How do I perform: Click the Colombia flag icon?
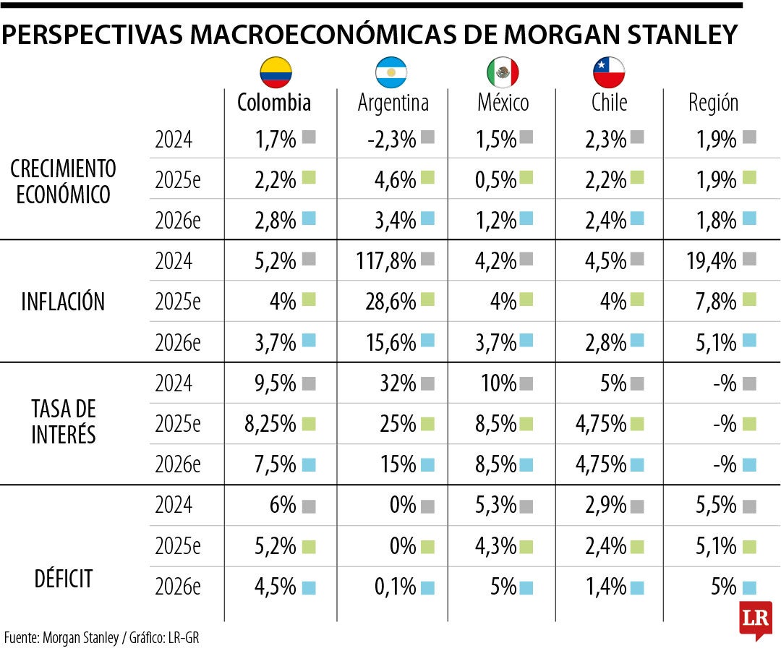(x=276, y=72)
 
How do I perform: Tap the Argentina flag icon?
(x=391, y=72)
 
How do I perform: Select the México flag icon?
(x=503, y=72)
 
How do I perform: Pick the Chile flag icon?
(x=609, y=72)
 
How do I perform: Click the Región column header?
(x=713, y=103)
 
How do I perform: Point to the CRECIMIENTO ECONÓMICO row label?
(x=63, y=182)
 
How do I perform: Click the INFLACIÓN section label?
(x=63, y=301)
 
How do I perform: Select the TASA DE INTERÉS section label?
(x=63, y=422)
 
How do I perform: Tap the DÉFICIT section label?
(x=63, y=579)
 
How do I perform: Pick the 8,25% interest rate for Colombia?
(x=270, y=422)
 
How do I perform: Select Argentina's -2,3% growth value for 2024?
(x=391, y=138)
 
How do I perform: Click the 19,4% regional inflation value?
(x=712, y=260)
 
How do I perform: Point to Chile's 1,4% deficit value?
(x=606, y=587)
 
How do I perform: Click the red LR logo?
(x=755, y=619)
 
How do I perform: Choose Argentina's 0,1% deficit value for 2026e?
(x=393, y=587)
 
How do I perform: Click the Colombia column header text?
(x=274, y=103)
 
